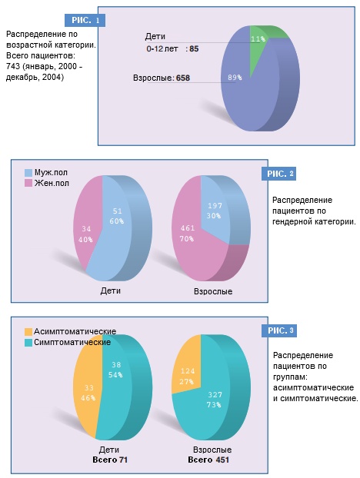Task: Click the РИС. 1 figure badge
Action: click(x=85, y=21)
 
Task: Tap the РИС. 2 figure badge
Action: click(x=278, y=174)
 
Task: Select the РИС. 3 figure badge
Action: click(x=278, y=330)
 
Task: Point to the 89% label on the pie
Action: click(x=235, y=78)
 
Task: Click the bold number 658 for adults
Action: click(x=183, y=78)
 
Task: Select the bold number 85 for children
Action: click(x=194, y=48)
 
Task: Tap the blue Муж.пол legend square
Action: click(x=28, y=173)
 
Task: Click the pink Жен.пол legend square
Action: click(x=28, y=183)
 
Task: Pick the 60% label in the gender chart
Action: click(x=117, y=221)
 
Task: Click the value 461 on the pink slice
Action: click(x=188, y=228)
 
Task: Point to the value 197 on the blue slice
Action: click(x=215, y=206)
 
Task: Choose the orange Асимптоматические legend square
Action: click(x=28, y=332)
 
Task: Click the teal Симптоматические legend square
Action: click(x=28, y=342)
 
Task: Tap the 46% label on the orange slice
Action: click(x=88, y=398)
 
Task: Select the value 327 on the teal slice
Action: click(x=215, y=395)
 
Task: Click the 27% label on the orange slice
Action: click(x=186, y=382)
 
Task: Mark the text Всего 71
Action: click(x=110, y=460)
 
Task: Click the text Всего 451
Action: click(x=208, y=460)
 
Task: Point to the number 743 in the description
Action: click(x=12, y=66)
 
